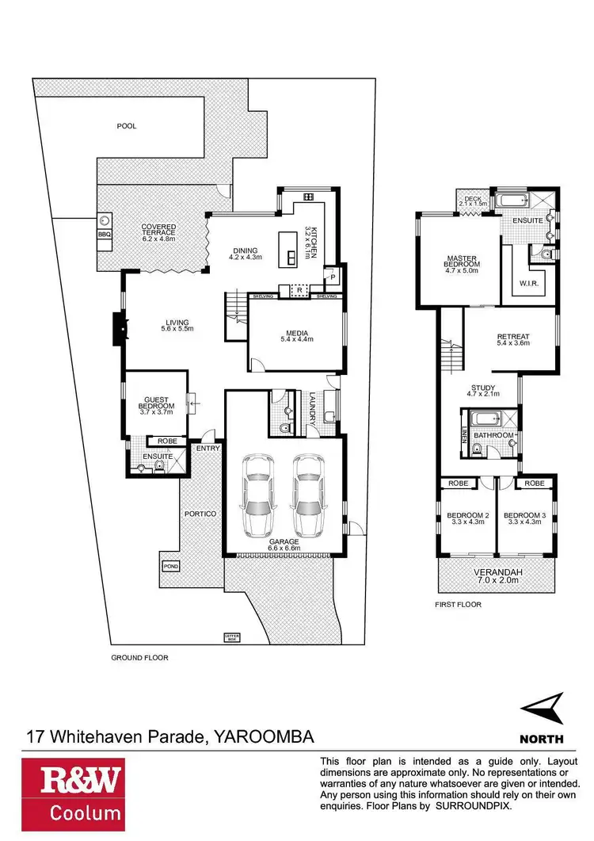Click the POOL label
(x=127, y=126)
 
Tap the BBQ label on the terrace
(x=104, y=235)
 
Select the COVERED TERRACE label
(x=159, y=232)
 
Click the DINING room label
(x=245, y=251)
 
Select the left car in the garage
(x=258, y=495)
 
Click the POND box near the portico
(x=171, y=566)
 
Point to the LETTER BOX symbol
(x=231, y=636)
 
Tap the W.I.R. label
(x=530, y=282)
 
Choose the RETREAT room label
(x=513, y=339)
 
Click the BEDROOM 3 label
(x=524, y=518)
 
